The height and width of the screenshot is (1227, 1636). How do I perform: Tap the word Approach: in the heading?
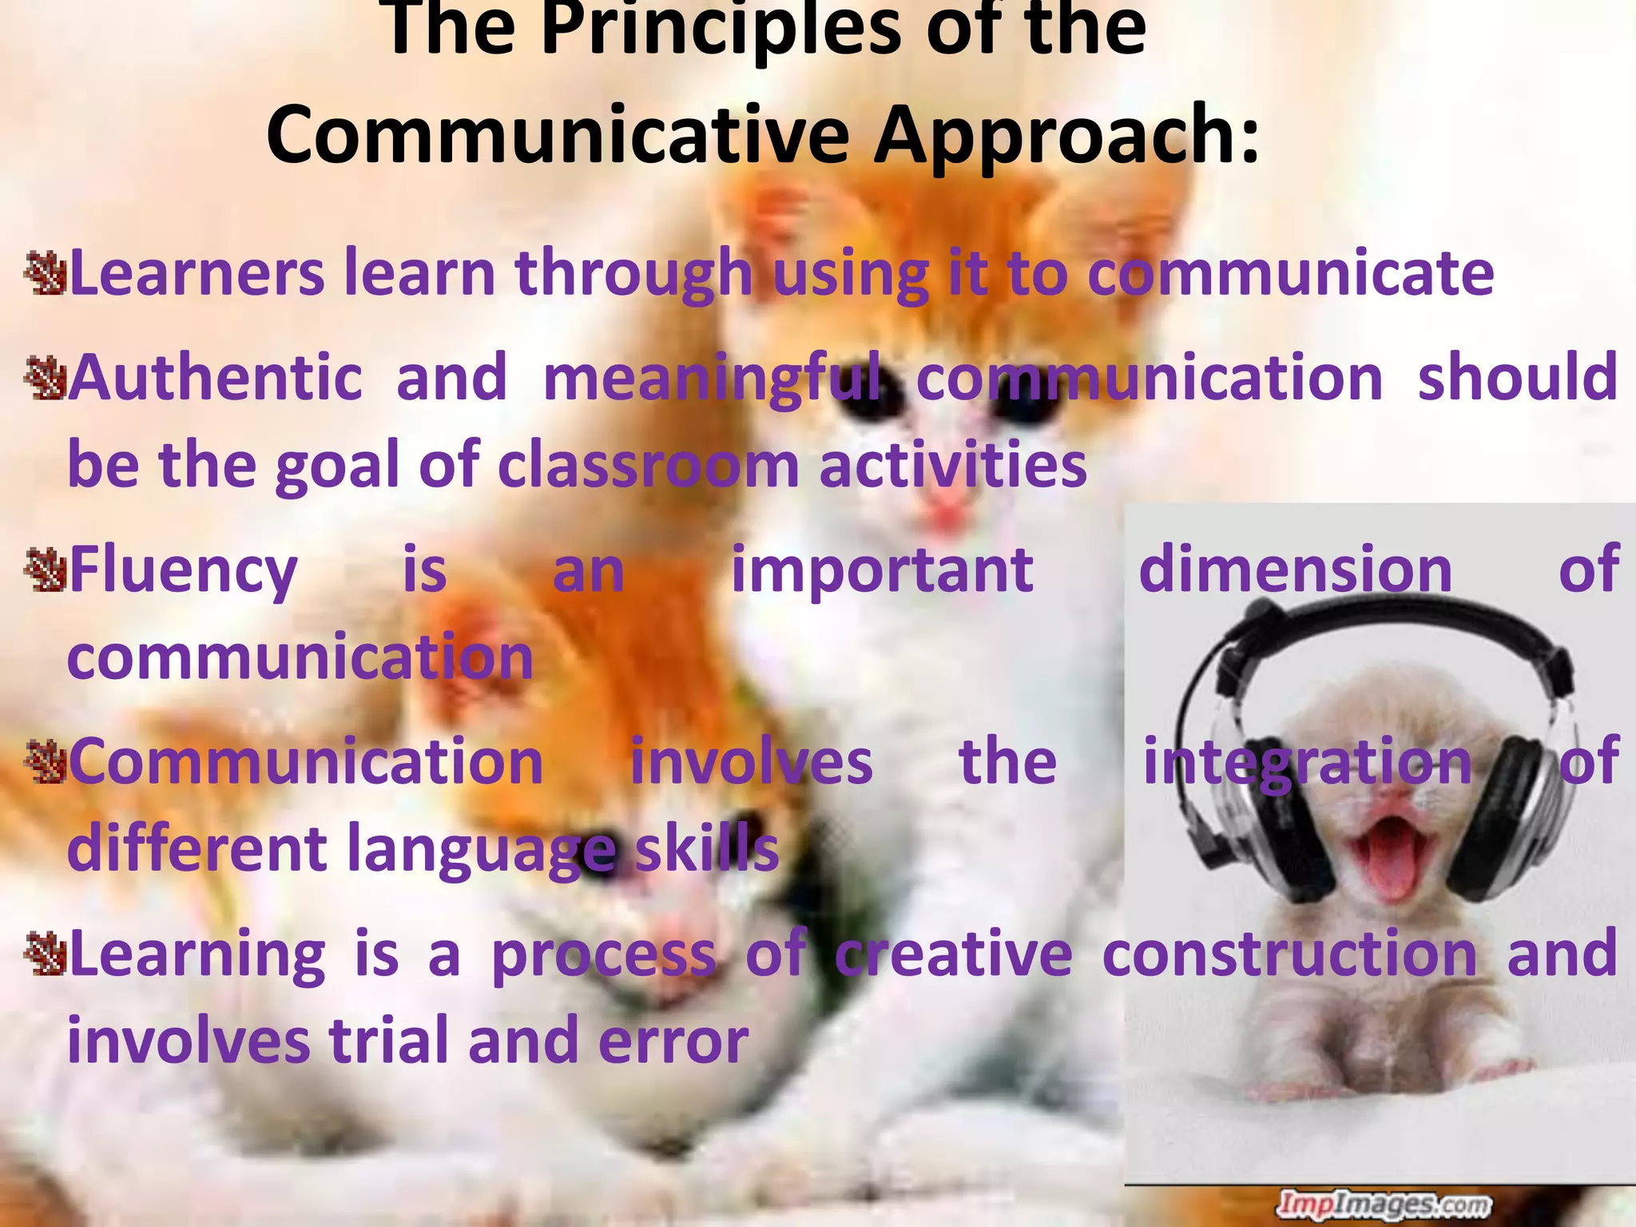[1066, 136]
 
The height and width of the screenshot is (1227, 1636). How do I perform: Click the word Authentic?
[216, 377]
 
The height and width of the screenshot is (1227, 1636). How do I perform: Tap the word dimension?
[1294, 570]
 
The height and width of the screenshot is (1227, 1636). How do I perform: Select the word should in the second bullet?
[1518, 377]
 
